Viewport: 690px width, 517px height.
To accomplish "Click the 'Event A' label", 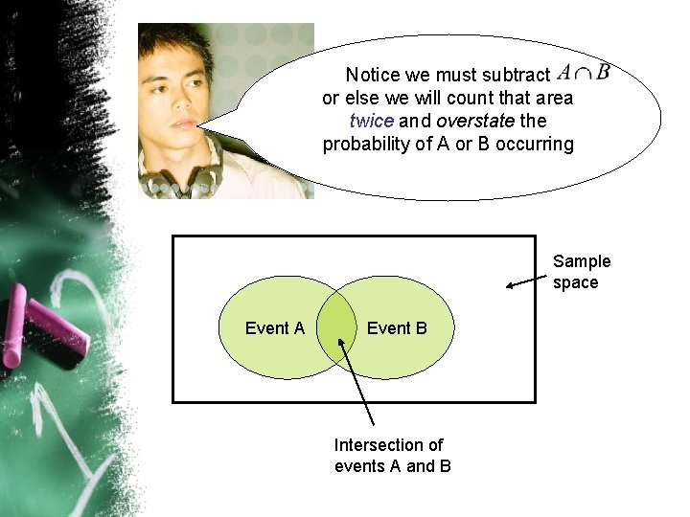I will point(274,328).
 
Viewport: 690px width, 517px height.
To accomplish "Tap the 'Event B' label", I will point(397,328).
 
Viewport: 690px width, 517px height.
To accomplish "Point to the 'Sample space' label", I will point(581,272).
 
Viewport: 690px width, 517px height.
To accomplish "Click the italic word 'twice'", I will point(372,122).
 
